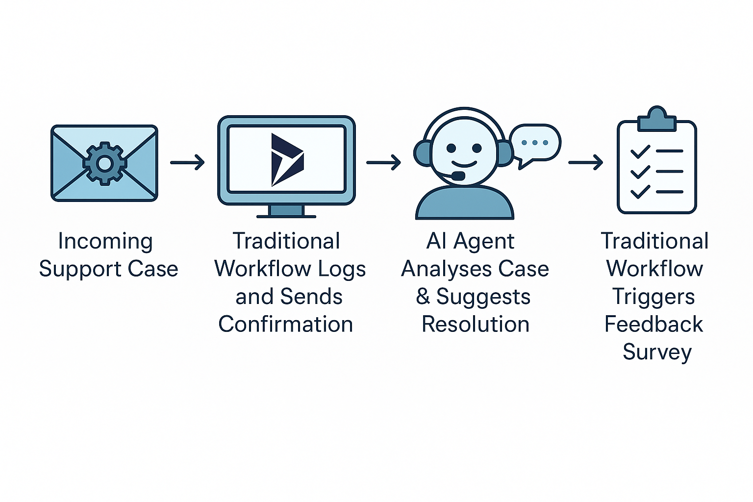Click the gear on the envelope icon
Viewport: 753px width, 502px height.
(x=104, y=163)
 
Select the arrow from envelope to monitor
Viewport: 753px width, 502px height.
(x=187, y=162)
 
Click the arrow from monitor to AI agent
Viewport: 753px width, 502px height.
(x=383, y=162)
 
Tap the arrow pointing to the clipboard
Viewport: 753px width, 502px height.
(x=585, y=162)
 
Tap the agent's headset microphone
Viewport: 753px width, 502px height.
(x=458, y=176)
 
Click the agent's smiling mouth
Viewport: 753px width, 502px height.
(x=464, y=164)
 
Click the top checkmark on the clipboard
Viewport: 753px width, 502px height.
(x=640, y=151)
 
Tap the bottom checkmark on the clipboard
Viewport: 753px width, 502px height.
(x=640, y=192)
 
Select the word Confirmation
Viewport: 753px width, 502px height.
(x=286, y=324)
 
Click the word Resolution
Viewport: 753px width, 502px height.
(x=476, y=324)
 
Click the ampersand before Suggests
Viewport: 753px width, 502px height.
(x=423, y=297)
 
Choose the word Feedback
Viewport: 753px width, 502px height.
(x=654, y=324)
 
